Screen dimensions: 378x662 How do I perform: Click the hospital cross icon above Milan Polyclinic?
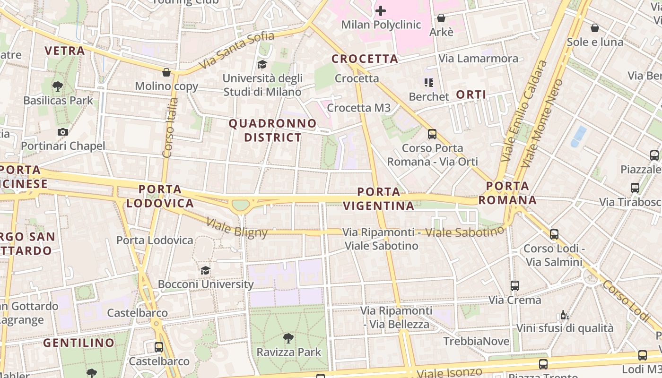(380, 10)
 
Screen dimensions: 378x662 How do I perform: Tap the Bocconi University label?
(206, 284)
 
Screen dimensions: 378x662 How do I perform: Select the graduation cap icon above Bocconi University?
(205, 270)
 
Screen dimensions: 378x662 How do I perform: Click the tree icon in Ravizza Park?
(288, 338)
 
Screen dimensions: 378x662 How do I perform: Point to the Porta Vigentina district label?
(378, 199)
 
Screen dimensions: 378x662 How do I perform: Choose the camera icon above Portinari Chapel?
(63, 132)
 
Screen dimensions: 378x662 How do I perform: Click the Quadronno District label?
(272, 130)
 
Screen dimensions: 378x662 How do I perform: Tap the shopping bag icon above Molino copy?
(166, 72)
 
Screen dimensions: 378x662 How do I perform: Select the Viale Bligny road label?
(237, 227)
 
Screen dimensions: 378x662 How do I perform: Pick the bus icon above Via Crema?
(515, 286)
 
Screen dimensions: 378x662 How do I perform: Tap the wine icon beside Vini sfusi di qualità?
(564, 315)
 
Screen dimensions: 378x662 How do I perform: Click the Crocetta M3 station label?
(359, 108)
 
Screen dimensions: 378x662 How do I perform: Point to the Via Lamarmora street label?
(479, 59)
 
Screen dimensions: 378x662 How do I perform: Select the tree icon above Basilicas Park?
(58, 86)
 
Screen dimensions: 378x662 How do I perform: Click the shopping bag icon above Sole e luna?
(595, 28)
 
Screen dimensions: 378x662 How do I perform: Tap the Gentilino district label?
(79, 343)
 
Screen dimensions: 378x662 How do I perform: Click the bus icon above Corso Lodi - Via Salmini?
(554, 234)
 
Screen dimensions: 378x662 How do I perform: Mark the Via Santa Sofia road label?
(236, 49)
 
